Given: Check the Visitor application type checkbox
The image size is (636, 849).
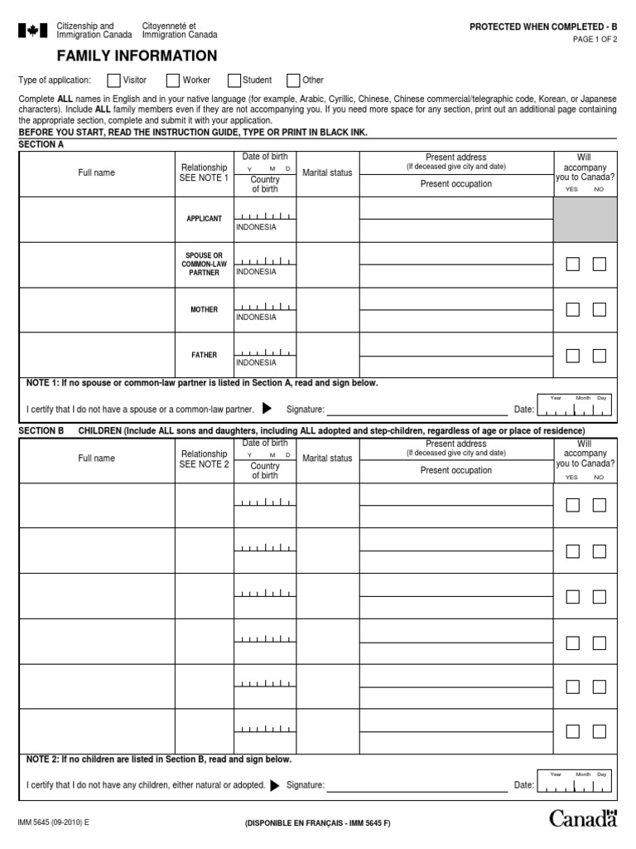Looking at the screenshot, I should tap(113, 80).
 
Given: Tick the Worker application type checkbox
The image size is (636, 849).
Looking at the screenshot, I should tap(173, 80).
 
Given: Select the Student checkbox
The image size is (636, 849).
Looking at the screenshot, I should tap(234, 80).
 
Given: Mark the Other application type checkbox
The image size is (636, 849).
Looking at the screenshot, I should tap(293, 80).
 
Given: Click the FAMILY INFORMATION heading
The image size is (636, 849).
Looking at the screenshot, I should tap(137, 56).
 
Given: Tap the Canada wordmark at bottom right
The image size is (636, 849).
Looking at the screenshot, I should tap(584, 819).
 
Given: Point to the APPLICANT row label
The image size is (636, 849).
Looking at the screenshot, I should tap(204, 219).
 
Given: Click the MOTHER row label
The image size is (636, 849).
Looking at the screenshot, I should tap(204, 310).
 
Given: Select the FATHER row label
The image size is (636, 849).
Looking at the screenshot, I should tap(204, 355).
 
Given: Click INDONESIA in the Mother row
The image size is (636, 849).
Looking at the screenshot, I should tap(256, 318).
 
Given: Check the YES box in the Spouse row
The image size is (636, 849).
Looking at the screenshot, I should tap(572, 264).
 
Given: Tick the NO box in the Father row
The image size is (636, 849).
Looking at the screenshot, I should tap(600, 356).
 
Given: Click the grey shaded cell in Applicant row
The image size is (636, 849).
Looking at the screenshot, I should tap(585, 219).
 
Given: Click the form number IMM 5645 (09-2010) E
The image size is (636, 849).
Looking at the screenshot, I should tap(53, 822).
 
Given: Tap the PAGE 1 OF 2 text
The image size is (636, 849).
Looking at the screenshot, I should tap(595, 40).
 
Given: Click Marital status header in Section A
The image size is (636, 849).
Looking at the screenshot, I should tap(327, 173).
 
